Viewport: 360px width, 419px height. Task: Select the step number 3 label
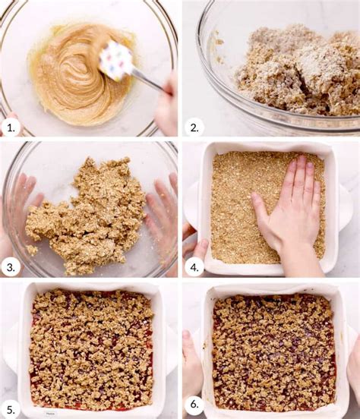coord(11,267)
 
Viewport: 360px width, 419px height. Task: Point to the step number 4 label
coord(194,267)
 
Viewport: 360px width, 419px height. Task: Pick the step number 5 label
coord(11,410)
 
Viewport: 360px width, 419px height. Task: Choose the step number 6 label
coord(194,405)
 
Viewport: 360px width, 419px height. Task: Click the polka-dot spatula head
coord(115,61)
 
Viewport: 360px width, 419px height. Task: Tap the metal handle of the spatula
coord(148,81)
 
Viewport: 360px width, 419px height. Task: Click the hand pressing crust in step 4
coord(289,214)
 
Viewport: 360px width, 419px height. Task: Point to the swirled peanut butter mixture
coord(81,74)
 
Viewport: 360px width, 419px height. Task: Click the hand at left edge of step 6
coord(192,369)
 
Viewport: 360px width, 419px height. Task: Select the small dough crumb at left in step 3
coord(32,250)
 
